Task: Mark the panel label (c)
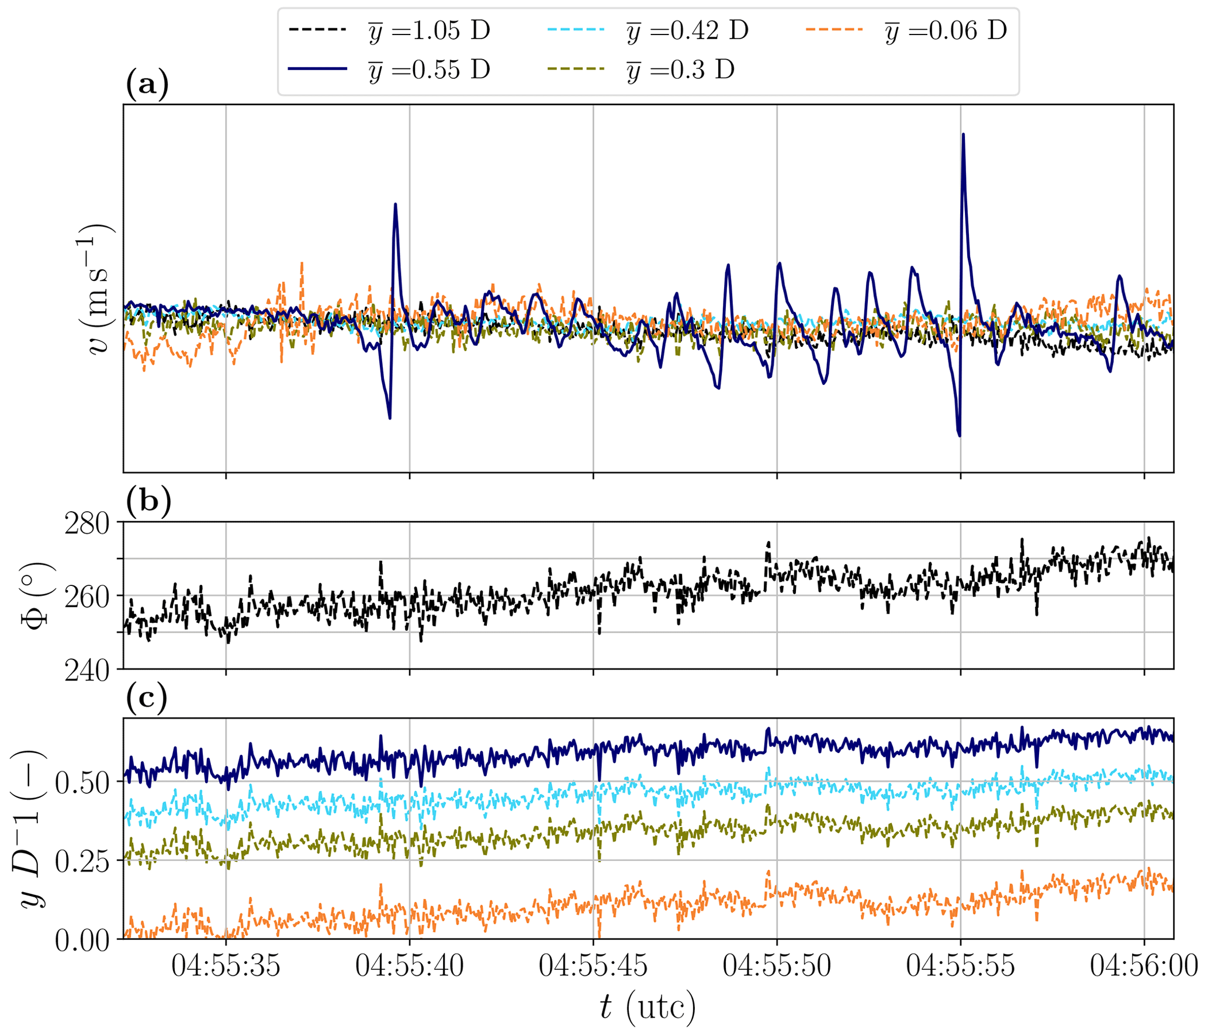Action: [146, 698]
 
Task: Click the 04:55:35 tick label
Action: [226, 966]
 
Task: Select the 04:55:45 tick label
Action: [593, 966]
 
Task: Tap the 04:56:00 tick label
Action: [1144, 966]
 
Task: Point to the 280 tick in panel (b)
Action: [87, 524]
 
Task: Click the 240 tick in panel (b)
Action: [87, 671]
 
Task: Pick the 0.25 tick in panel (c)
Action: [82, 862]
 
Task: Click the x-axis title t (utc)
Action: [648, 1007]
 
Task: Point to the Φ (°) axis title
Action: [36, 595]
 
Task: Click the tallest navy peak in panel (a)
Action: [963, 135]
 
